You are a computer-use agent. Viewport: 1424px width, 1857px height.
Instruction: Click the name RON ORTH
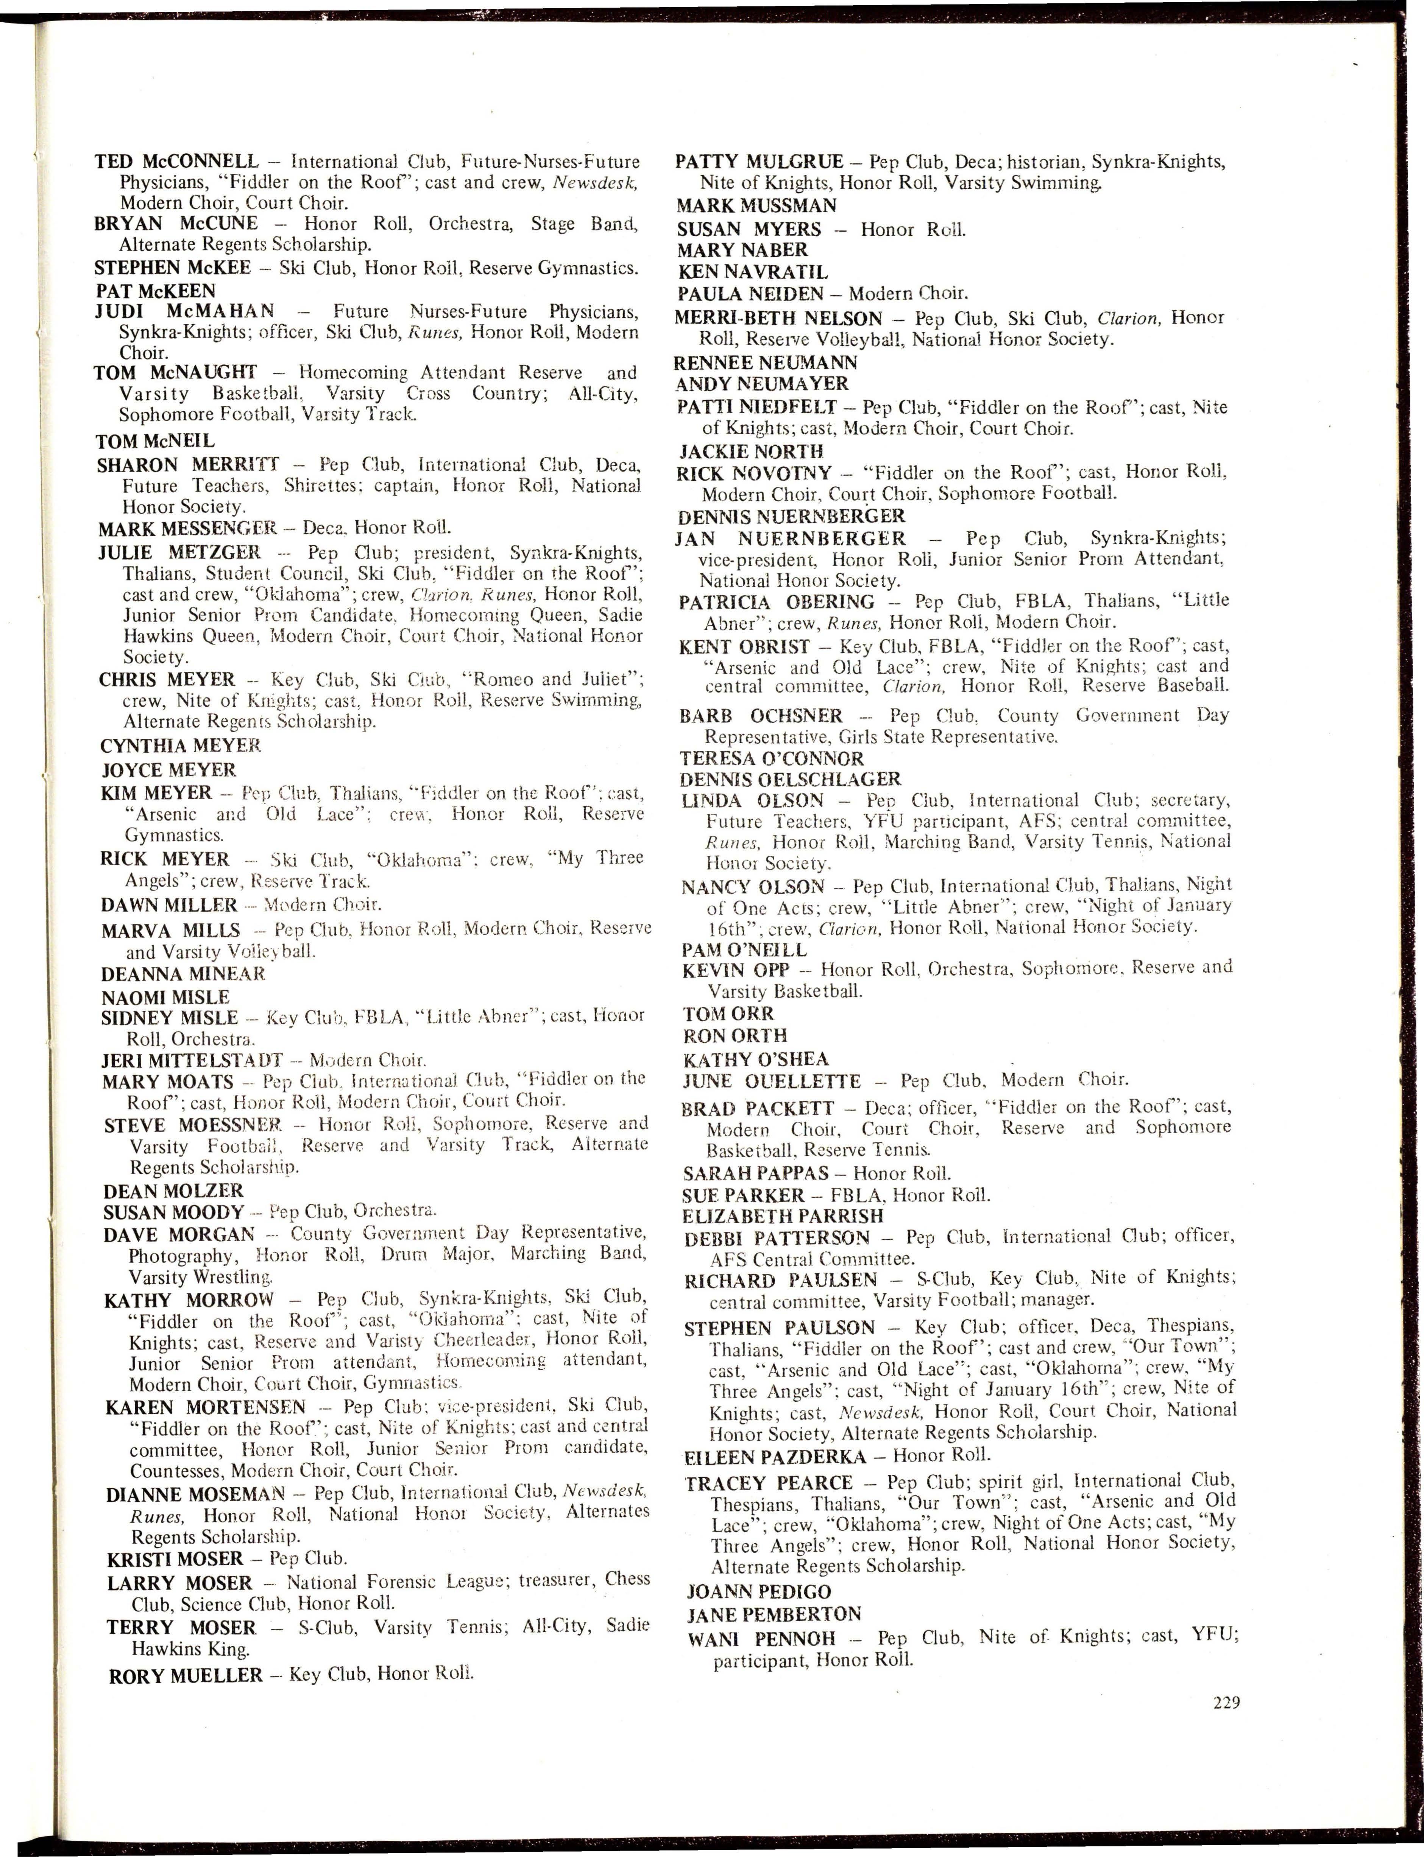pyautogui.click(x=735, y=1036)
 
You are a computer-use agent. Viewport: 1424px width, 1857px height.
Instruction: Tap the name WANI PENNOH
pyautogui.click(x=761, y=1638)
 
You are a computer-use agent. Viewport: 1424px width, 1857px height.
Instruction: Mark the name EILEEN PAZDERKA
pyautogui.click(x=775, y=1456)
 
